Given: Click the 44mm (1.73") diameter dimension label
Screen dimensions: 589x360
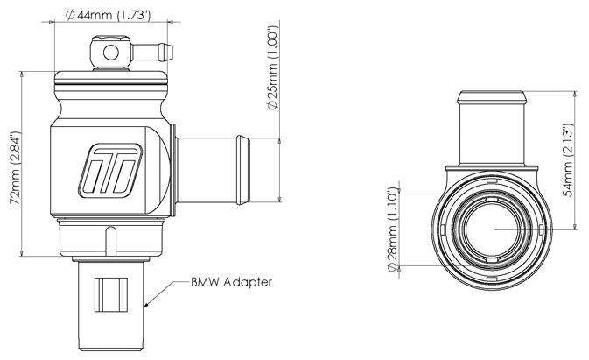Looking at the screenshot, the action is pyautogui.click(x=108, y=15).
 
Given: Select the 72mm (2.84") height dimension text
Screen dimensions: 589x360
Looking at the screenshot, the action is pyautogui.click(x=16, y=168).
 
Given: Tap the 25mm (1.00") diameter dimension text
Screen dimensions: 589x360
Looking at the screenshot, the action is pyautogui.click(x=273, y=67).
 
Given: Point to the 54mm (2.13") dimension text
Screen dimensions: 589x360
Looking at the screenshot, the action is pyautogui.click(x=568, y=159).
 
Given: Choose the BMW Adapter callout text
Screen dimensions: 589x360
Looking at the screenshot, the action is pyautogui.click(x=231, y=282).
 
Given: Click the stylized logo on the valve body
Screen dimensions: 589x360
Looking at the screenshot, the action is pyautogui.click(x=110, y=171).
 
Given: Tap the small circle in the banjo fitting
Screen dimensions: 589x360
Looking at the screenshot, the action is pyautogui.click(x=111, y=53).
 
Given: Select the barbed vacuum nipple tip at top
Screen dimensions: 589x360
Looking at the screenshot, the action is pyautogui.click(x=165, y=53).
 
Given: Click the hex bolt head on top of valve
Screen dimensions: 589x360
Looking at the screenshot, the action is pyautogui.click(x=110, y=39).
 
